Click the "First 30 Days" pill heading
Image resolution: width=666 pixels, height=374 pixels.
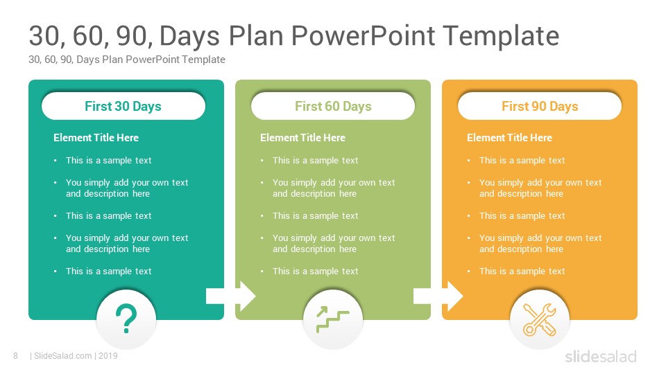coord(123,106)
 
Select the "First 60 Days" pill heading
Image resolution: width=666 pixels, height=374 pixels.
coord(333,106)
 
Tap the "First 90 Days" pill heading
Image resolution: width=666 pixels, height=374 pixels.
coord(540,106)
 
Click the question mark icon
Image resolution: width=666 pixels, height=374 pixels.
coord(126,319)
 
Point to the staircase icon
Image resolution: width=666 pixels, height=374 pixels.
coord(332,319)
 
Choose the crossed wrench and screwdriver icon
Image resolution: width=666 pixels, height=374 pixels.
coord(540,320)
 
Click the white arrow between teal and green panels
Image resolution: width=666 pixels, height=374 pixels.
coord(231,296)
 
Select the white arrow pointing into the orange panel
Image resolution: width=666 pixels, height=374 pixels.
coord(438,296)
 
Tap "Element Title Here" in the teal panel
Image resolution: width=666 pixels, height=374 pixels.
coord(96,138)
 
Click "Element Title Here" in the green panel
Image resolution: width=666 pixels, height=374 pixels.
coord(303,138)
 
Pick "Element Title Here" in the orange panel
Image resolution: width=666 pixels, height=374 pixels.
coord(510,138)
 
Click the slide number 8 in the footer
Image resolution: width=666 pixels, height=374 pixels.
coord(16,356)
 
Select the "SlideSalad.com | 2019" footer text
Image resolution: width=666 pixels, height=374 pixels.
coord(74,356)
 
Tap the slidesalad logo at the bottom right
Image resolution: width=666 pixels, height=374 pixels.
coord(601,356)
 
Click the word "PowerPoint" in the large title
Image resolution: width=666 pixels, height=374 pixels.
coord(363,35)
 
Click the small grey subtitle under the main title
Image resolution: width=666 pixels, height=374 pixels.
coord(127,60)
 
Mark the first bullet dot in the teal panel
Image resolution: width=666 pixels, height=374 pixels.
coord(55,160)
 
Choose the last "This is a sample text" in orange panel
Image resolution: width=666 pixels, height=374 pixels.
coord(522,271)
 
